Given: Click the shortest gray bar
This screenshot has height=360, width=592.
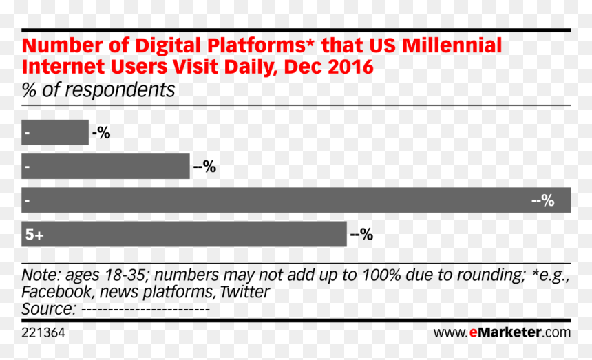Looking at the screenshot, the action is point(55,132).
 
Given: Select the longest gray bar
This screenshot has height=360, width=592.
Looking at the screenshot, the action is point(296,200).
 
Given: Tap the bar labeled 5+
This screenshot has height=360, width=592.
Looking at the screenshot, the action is point(184,234).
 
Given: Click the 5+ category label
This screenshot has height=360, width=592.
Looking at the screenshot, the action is point(34,234).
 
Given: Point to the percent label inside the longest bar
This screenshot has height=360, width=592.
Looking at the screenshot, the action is point(543,200).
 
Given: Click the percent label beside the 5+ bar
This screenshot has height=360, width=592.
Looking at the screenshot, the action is point(361,234).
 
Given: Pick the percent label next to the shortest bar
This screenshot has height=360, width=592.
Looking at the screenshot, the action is point(101,132).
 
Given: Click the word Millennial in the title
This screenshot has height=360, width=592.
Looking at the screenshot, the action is point(452,45).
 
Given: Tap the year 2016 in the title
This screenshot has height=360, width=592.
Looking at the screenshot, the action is point(351,67).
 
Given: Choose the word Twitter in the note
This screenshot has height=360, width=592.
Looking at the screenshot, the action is point(244,292).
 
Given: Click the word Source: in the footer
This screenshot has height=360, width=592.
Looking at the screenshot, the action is point(49,309).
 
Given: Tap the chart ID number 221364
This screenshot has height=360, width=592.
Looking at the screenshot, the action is point(43,332).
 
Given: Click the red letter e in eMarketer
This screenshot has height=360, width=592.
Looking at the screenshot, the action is point(474,332).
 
